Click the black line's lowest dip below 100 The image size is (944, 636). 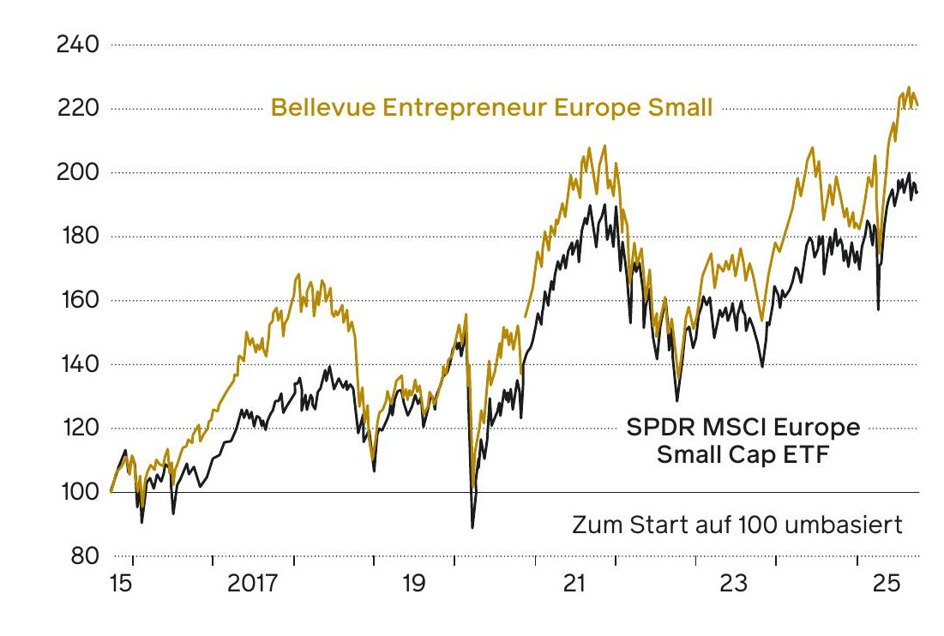[x=472, y=527]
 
